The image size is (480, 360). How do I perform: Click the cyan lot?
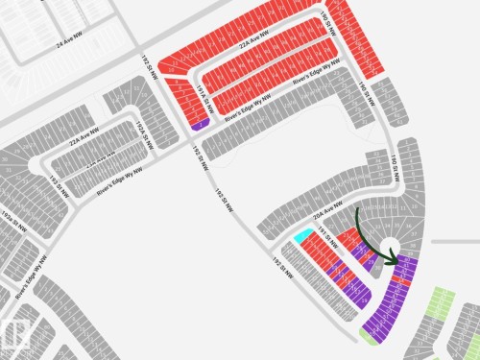coord(302,235)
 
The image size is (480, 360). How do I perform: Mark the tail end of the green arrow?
coord(357,210)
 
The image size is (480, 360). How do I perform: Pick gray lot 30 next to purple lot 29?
coord(371,336)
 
